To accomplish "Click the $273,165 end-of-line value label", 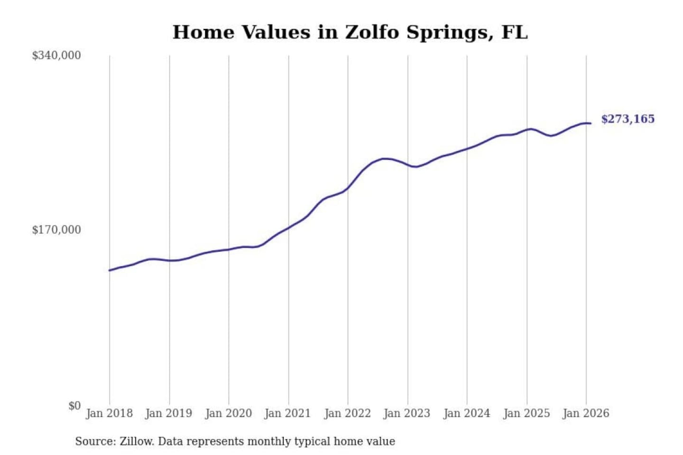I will [628, 119].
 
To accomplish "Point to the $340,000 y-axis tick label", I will [56, 55].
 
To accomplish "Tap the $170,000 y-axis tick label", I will [56, 230].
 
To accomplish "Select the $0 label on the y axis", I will [74, 406].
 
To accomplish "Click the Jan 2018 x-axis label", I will [110, 413].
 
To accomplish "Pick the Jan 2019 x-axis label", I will [169, 413].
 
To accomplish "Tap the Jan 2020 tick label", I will [229, 413].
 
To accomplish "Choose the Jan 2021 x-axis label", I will [288, 413].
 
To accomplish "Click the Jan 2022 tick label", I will [348, 413].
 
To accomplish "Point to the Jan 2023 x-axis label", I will [407, 413].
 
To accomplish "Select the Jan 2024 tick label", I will [467, 413].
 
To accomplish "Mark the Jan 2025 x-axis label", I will [526, 413].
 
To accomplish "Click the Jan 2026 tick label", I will [586, 413].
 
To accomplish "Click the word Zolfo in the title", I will [372, 32].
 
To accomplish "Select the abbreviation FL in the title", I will [515, 32].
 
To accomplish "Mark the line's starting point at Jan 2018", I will [110, 270].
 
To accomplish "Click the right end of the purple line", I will [591, 123].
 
